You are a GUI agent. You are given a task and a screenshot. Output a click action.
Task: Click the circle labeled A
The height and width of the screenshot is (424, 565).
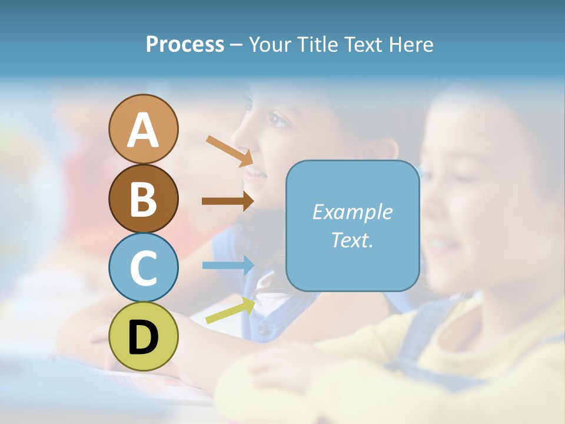[x=143, y=130]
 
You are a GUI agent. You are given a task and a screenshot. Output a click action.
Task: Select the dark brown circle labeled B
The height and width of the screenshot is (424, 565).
[x=143, y=198]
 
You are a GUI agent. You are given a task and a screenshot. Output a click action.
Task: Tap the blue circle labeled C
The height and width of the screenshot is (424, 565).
[x=143, y=267]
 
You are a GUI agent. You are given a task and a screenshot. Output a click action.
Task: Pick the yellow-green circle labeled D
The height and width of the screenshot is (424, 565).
[x=143, y=336]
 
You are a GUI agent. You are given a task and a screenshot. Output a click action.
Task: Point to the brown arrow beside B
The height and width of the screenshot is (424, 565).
[x=228, y=201]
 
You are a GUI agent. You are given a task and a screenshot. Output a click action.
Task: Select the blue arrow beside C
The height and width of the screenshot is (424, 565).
[x=228, y=265]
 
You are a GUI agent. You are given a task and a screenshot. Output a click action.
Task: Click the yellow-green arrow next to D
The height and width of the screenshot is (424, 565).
[x=230, y=311]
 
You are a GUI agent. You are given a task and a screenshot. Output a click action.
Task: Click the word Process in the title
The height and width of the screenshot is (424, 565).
[x=185, y=44]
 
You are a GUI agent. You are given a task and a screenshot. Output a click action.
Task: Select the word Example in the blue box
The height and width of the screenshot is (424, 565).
[x=352, y=212]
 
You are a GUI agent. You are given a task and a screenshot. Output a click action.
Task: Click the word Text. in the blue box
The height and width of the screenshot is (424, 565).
[x=352, y=240]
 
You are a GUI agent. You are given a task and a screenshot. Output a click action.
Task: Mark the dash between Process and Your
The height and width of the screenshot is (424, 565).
[x=237, y=45]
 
